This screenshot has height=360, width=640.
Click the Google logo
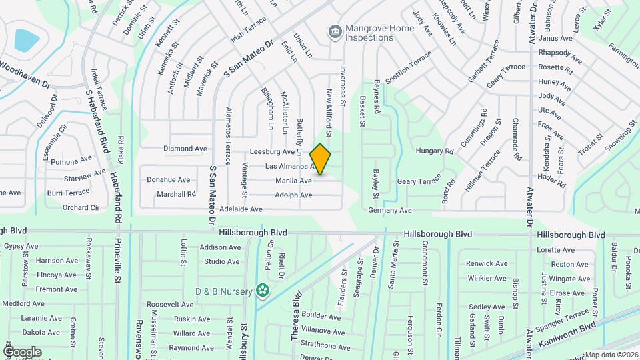pos(22,351)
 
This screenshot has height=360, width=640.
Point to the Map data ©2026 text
pos(611,355)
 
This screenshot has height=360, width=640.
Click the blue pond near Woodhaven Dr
pos(26,40)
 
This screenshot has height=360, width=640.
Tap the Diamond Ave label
pos(186,149)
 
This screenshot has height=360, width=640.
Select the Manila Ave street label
pos(293,181)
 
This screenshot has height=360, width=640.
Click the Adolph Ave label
pos(293,195)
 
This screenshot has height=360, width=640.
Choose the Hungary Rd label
pos(434,151)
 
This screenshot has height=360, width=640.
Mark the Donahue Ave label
pos(169,179)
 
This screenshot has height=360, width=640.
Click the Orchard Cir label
pos(81,207)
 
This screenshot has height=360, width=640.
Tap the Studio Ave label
pos(222,261)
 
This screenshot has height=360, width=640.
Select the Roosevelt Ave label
pos(169,304)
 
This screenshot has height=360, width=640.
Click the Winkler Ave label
pos(487,278)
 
